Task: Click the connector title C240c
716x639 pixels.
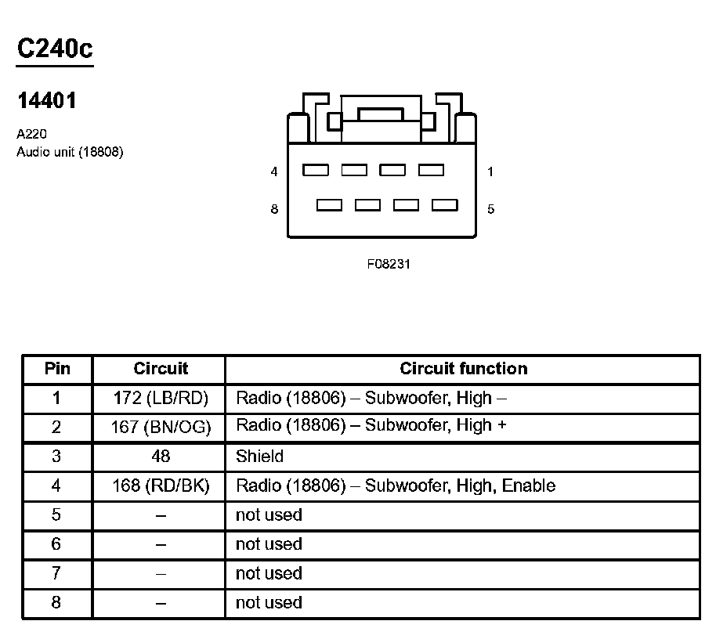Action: click(55, 49)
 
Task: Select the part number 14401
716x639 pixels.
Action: click(47, 101)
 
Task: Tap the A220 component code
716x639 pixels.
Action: click(31, 135)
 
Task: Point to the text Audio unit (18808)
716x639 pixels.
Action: click(70, 151)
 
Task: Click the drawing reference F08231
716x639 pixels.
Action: click(389, 264)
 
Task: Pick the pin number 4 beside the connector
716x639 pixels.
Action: click(274, 171)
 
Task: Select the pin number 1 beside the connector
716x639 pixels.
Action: click(490, 171)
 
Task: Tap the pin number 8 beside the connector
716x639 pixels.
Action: click(274, 209)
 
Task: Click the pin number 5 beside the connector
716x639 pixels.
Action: click(490, 209)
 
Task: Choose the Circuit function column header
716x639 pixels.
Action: click(464, 369)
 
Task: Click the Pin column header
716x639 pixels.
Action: click(56, 369)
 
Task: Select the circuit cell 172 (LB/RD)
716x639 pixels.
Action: click(161, 398)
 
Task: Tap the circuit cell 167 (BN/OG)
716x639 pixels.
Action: click(161, 427)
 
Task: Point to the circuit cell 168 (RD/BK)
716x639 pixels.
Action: click(161, 486)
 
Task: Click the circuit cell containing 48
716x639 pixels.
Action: click(161, 456)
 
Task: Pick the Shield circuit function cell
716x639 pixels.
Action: click(259, 456)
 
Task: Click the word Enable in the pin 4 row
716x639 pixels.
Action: click(529, 486)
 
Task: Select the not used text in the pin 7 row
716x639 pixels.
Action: click(269, 573)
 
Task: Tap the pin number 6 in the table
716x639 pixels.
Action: click(56, 544)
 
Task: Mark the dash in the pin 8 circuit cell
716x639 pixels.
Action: click(161, 603)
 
